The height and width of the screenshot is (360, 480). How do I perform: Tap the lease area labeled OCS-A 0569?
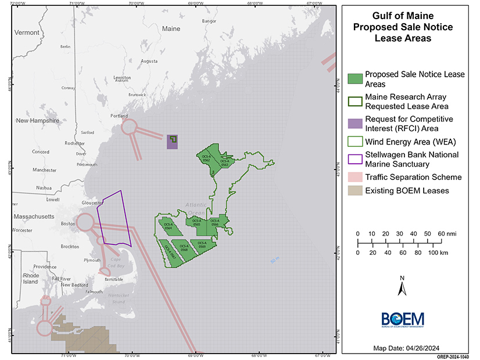click(202, 245)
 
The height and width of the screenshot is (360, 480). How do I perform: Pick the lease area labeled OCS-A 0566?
click(215, 223)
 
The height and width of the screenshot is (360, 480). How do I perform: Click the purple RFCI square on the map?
click(172, 142)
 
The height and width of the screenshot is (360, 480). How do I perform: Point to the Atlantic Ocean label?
click(196, 210)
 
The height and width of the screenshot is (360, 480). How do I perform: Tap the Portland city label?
click(119, 116)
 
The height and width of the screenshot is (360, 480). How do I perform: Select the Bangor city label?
click(209, 21)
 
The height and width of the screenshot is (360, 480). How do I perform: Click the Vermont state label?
click(26, 33)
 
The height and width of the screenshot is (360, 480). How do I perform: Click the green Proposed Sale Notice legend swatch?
click(354, 79)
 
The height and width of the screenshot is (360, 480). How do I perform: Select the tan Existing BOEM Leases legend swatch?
click(354, 190)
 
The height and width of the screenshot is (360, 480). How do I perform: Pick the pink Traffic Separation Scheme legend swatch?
click(354, 177)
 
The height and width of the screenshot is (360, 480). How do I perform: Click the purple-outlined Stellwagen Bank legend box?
click(354, 158)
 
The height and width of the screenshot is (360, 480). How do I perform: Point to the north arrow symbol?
click(401, 287)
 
